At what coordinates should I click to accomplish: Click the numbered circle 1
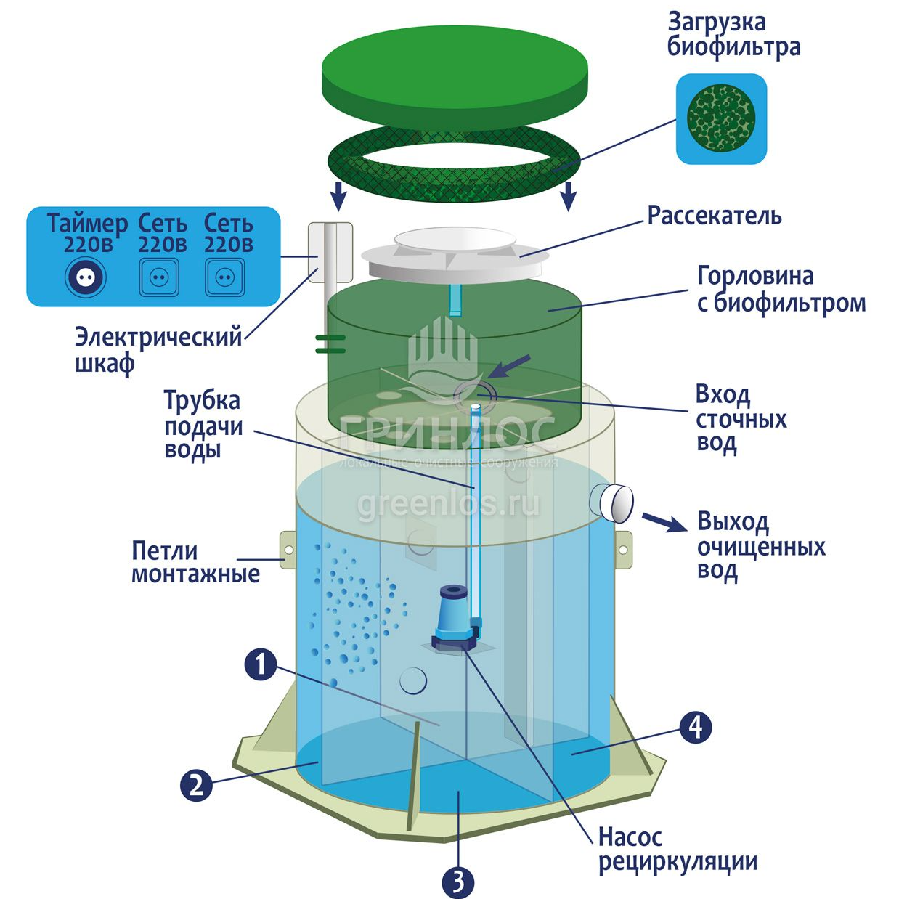click(261, 664)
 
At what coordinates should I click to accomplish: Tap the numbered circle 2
click(196, 785)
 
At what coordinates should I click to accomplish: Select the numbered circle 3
click(457, 882)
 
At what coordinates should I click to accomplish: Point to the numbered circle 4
click(695, 726)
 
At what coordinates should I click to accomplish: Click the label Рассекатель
click(714, 216)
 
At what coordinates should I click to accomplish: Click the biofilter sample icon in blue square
click(721, 118)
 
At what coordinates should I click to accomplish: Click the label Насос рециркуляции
click(678, 850)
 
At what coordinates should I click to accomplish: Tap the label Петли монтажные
click(195, 561)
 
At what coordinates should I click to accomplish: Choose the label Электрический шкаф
click(158, 349)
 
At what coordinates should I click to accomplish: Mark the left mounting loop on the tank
click(288, 551)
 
